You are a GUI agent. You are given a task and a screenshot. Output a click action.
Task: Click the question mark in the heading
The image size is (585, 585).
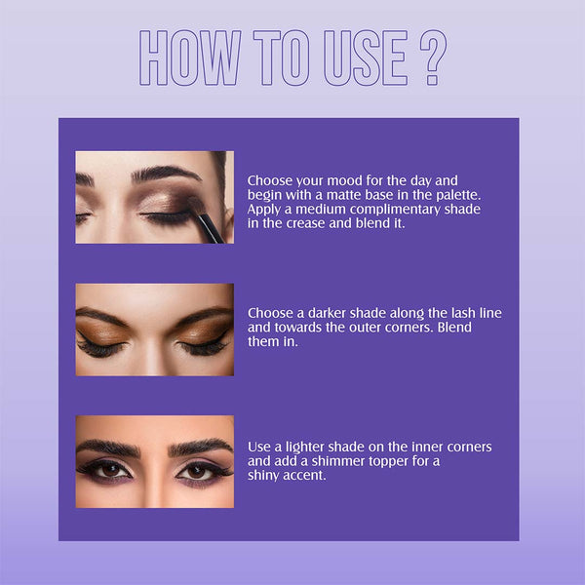pos(433,58)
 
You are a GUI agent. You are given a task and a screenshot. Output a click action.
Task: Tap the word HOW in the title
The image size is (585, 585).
pos(190,58)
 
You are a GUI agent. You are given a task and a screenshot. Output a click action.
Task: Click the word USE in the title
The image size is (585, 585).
pos(366,58)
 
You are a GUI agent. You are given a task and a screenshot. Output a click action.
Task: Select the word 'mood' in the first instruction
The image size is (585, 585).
pos(343,181)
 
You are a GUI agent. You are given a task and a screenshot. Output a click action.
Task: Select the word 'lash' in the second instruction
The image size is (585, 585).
pos(463,313)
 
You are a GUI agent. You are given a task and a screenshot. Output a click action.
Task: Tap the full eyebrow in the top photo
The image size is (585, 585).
pos(166,174)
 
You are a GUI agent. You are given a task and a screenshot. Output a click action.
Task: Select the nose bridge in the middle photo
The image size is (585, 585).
pos(155,335)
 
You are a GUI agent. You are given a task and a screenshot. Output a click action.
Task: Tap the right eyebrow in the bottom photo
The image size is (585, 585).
pos(202,446)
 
